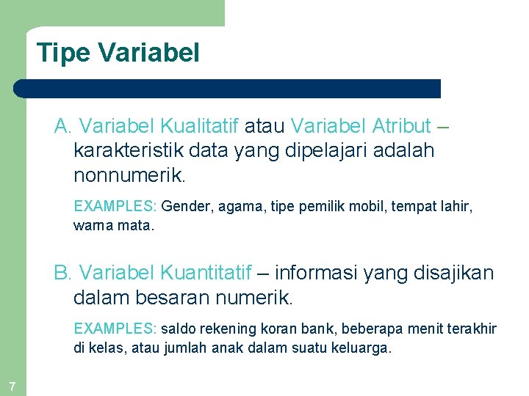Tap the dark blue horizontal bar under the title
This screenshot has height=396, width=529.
tap(228, 89)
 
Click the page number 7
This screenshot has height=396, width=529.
tap(12, 386)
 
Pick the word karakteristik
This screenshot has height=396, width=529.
tap(129, 151)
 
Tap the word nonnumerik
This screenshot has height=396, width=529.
tap(130, 176)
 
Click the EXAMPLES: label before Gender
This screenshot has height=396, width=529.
tap(115, 208)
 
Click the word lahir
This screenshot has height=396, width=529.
tap(456, 208)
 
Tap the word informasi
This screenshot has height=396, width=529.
tap(319, 274)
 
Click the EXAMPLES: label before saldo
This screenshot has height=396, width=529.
tap(115, 329)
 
